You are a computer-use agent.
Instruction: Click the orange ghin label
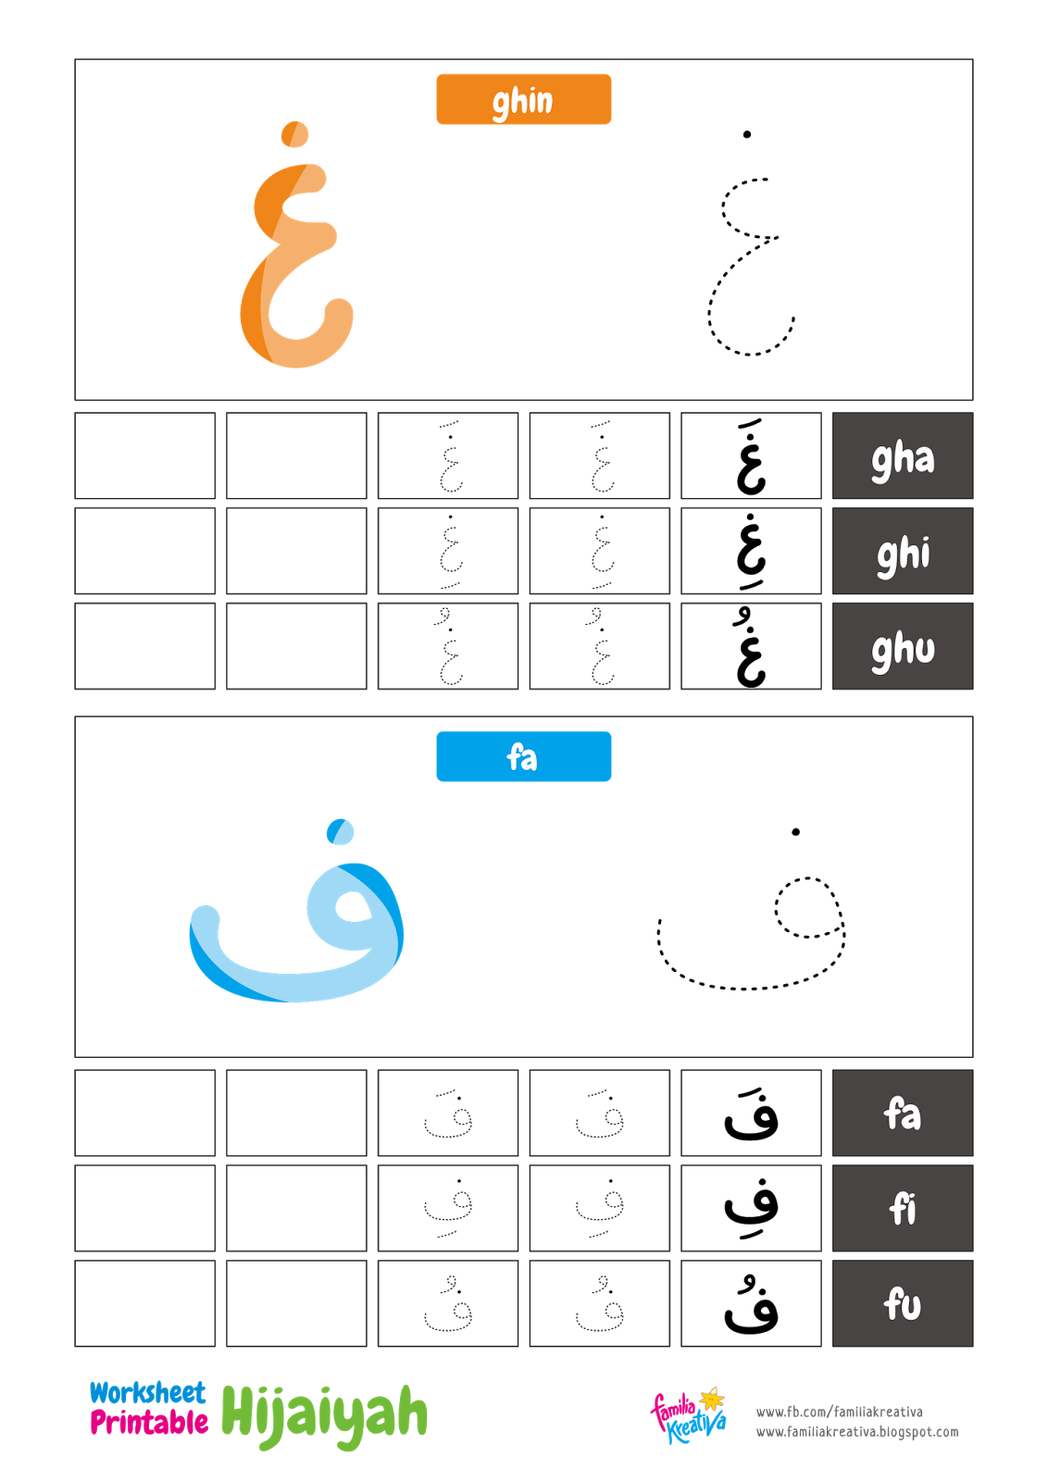523,99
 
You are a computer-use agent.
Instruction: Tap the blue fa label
523,756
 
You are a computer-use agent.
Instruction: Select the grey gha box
903,456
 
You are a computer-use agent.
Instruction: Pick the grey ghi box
903,552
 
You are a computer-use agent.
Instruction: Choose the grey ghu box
903,647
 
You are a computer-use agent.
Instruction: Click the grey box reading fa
903,1114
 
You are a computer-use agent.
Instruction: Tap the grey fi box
903,1209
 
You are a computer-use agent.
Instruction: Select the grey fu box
903,1304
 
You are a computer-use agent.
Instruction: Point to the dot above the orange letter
294,134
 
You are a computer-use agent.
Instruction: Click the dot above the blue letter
341,831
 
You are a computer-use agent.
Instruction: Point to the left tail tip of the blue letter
205,920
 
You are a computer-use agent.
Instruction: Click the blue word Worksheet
147,1393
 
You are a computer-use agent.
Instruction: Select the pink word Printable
149,1423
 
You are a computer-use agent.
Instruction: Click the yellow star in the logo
712,1399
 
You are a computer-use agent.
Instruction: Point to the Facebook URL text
839,1412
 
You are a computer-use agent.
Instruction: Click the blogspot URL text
857,1432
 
